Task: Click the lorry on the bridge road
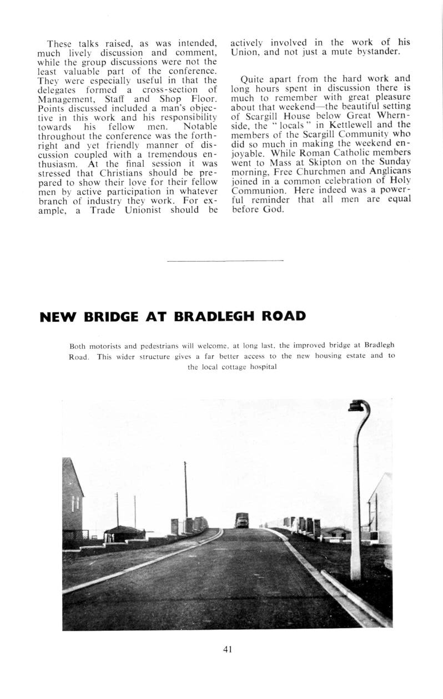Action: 241,521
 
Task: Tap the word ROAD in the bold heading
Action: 283,317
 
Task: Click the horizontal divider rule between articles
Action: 225,261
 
